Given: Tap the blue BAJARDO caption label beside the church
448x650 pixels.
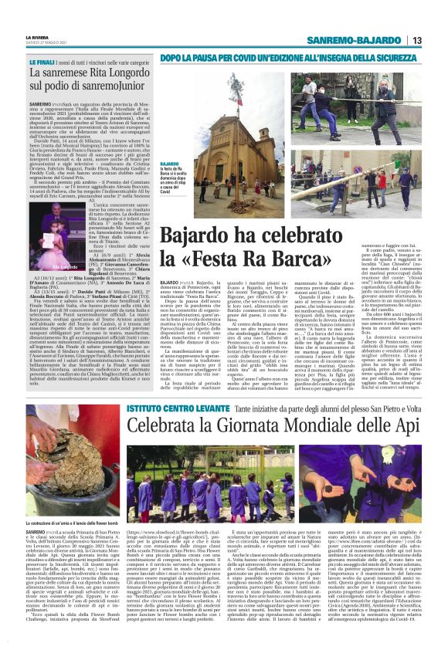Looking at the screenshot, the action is (x=170, y=164).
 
